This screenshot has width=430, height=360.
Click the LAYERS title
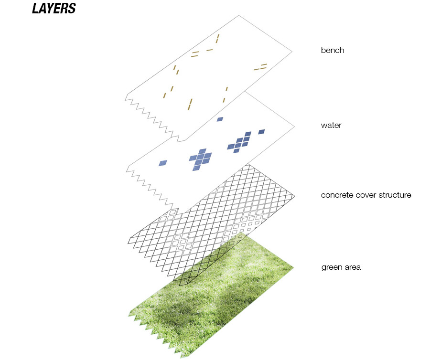(54, 9)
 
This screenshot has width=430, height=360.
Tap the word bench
(333, 50)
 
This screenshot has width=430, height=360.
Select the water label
(331, 125)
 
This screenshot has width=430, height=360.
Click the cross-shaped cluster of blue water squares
(201, 159)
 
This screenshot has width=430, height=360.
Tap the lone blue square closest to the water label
(261, 132)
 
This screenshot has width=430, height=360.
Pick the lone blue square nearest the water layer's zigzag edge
(163, 163)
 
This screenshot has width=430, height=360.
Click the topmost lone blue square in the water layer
(220, 119)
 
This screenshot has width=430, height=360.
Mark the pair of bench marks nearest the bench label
(260, 67)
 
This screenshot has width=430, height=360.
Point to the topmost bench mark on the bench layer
(217, 39)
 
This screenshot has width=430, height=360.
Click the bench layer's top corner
(238, 16)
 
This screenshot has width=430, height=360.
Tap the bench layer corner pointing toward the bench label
(292, 51)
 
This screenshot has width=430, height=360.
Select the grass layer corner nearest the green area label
(294, 267)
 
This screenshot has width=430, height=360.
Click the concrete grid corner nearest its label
(295, 196)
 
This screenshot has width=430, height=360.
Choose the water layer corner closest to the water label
(294, 127)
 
